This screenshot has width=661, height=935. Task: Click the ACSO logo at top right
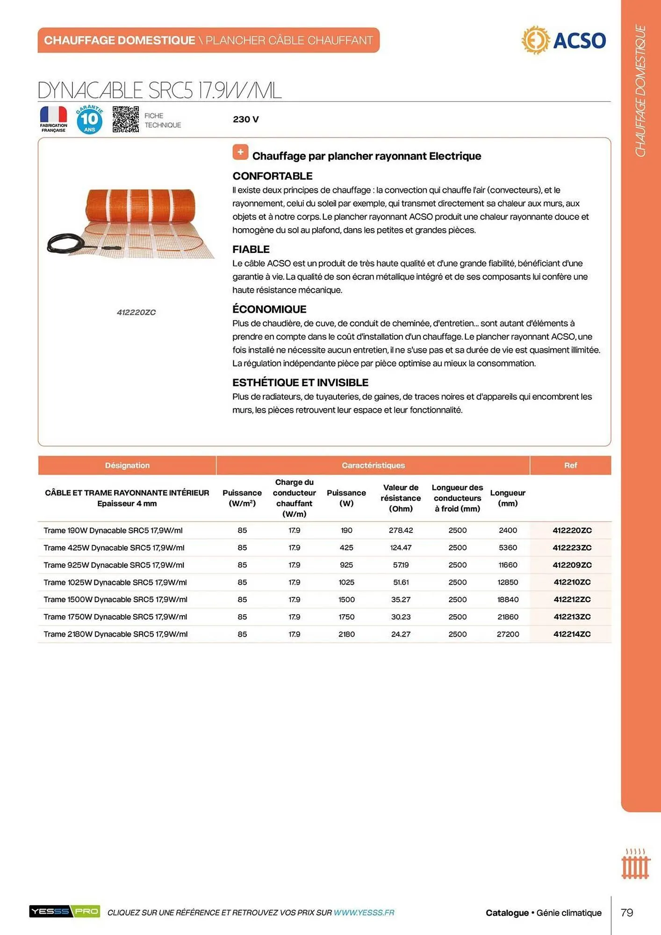coord(564,40)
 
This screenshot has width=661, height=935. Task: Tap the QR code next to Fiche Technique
coord(126,119)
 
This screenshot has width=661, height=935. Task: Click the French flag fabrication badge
coord(53,119)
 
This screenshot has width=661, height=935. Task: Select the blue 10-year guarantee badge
coord(89,120)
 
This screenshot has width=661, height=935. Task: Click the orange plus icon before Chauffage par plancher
coord(240,152)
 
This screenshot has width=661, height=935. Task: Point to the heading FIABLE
coord(251,249)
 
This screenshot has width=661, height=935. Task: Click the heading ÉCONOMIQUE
coord(269,309)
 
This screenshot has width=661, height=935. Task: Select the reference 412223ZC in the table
coord(572,547)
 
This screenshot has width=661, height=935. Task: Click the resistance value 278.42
coord(401,530)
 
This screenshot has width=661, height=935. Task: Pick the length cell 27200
coord(508,634)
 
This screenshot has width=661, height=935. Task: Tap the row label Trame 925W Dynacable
coord(114,565)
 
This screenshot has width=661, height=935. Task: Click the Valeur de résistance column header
coord(401,498)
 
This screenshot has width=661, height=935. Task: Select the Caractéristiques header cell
coord(373,465)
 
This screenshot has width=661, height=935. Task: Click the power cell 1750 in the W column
coord(346,617)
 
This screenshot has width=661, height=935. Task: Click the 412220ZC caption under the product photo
coord(136,312)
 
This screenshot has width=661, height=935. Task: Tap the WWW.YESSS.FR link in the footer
coord(364,912)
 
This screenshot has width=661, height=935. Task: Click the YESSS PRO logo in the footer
coord(65,911)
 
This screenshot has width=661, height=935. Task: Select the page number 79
coord(627,912)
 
